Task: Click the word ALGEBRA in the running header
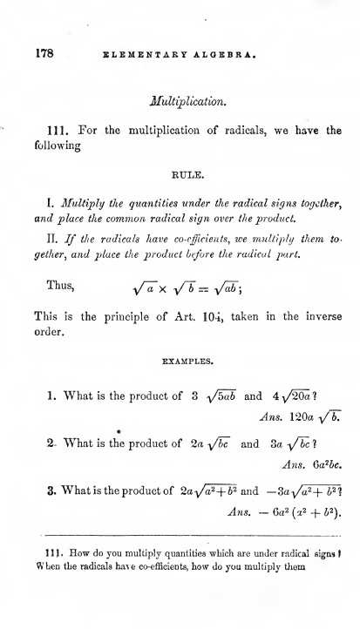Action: (222, 52)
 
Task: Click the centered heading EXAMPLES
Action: (187, 355)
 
